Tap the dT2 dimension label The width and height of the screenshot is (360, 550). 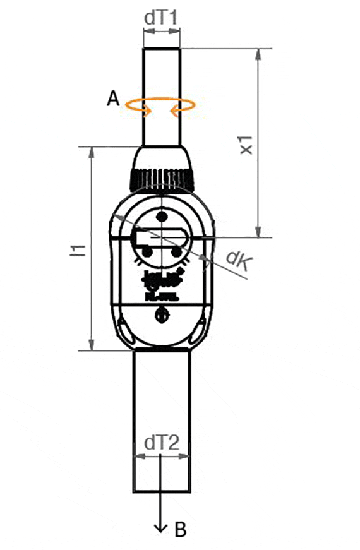tap(162, 443)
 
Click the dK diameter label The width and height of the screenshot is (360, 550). tap(237, 259)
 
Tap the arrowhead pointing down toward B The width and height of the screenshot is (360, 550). tap(162, 525)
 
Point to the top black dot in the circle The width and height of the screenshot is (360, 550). tap(162, 217)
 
